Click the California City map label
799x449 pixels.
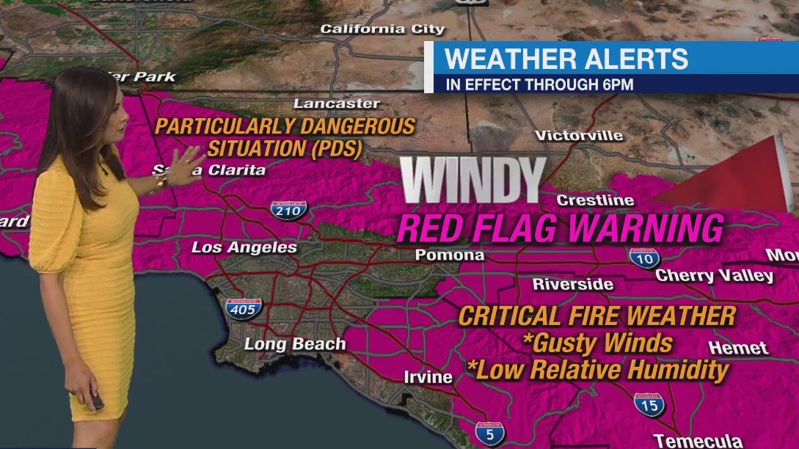(382, 29)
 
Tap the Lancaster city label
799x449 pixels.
(337, 103)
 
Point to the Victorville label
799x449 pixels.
(579, 136)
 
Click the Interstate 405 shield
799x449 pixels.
(243, 308)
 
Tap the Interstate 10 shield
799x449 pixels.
(644, 258)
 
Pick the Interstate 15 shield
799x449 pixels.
(649, 404)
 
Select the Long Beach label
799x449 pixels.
(294, 343)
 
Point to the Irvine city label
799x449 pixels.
(428, 377)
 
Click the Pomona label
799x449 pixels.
(450, 255)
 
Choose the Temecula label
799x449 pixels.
(698, 441)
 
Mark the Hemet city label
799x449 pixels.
(739, 348)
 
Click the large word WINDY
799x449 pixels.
(473, 180)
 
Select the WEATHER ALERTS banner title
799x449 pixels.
(566, 59)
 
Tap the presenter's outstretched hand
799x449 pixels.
(189, 159)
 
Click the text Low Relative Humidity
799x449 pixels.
(602, 370)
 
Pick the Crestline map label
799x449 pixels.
(595, 200)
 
